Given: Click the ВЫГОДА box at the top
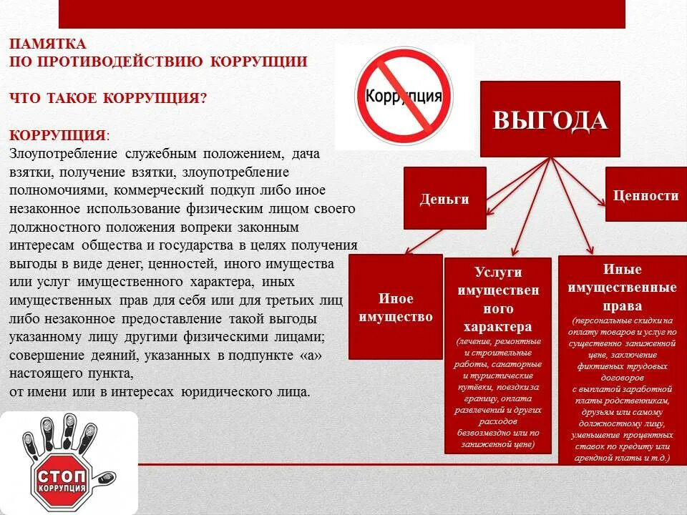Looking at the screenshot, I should coord(550,119).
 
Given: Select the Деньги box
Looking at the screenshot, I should coord(444,198).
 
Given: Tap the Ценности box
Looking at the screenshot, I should coord(645,195).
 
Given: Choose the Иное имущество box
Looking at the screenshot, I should coord(395,307).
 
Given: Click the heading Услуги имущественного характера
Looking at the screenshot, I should coord(497,299).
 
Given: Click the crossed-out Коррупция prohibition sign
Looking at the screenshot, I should coord(404,97).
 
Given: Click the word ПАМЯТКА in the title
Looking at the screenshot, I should coord(48,44).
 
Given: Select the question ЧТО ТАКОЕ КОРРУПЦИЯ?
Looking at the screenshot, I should coord(108,98).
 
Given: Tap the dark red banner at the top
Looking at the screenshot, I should coord(341,14).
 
